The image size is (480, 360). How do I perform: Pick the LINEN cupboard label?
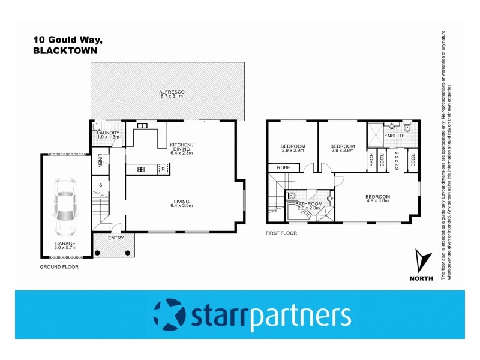pos(100,160)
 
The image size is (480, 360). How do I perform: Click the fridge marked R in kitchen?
pos(163,170)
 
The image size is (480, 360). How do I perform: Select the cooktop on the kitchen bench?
pos(141,170)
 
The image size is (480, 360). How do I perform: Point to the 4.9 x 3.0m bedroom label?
pos(377,199)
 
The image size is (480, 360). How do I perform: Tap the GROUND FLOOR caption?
pos(59,266)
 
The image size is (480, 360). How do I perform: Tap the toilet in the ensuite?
pos(407,127)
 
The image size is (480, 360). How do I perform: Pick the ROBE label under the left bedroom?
pos(284,167)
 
